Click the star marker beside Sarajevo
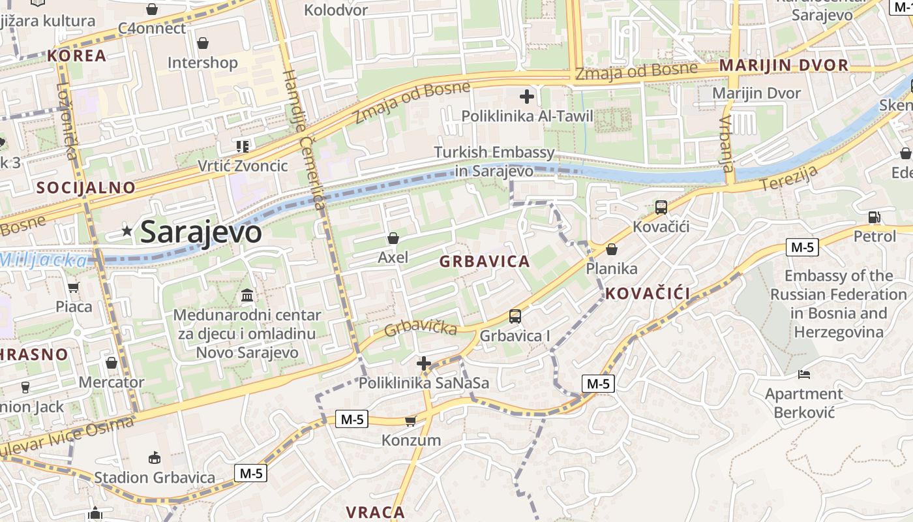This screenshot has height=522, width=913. [x=127, y=231]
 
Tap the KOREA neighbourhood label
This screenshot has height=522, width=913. [x=76, y=55]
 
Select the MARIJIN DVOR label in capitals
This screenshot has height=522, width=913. [x=783, y=65]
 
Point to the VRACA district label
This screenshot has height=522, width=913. [x=376, y=512]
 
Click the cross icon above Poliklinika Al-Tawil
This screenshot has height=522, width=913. [x=527, y=97]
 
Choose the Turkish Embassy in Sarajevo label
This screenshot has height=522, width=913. [x=495, y=162]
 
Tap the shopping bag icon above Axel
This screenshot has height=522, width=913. [x=393, y=238]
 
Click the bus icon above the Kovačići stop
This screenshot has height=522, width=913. [x=661, y=207]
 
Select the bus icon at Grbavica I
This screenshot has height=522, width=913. [x=515, y=316]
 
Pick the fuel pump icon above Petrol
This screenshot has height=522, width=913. [x=875, y=217]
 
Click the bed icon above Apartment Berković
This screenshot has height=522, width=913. [x=804, y=375]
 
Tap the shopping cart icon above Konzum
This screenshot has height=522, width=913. [x=410, y=421]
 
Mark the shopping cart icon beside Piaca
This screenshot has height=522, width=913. [x=74, y=287]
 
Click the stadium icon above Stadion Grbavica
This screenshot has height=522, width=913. [x=155, y=457]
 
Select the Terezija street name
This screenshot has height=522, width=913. [x=790, y=179]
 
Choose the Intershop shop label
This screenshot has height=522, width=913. [x=203, y=63]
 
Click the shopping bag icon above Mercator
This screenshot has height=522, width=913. [x=112, y=363]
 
